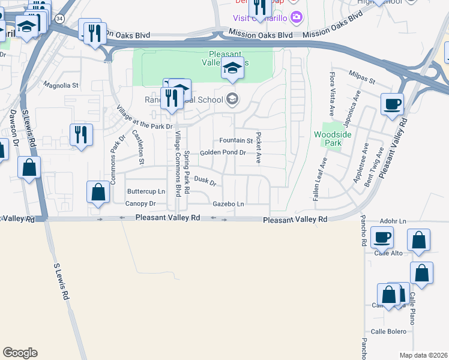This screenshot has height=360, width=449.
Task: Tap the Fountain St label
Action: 236,140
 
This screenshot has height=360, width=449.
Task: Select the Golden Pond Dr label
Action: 223,152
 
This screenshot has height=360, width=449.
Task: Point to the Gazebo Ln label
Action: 229,204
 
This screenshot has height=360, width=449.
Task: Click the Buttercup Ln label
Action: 146,191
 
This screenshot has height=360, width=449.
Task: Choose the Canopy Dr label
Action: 140,204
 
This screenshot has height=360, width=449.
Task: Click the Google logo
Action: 20,353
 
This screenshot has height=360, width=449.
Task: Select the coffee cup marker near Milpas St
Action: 392,104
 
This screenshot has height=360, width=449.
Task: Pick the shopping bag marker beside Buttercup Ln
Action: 98,193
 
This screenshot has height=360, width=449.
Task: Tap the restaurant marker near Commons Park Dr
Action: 81,134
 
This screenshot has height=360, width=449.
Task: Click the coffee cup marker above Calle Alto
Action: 382,237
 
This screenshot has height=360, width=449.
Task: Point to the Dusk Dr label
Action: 205,180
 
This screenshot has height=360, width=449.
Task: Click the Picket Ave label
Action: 259,148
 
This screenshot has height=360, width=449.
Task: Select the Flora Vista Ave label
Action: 331,94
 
